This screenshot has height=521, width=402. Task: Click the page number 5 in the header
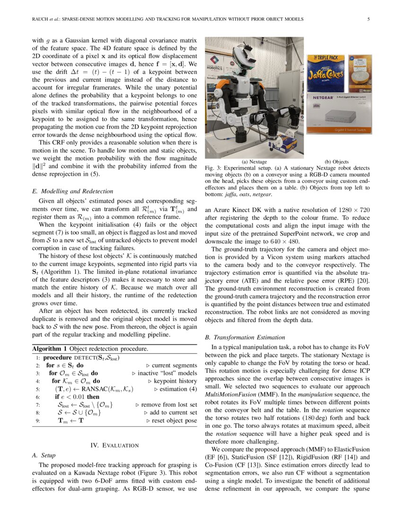[x=368, y=19]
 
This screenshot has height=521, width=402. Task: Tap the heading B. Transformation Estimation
[x=245, y=337]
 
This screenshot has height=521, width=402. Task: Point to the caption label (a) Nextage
[x=254, y=161]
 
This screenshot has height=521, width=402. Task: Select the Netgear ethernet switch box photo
[x=339, y=113]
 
